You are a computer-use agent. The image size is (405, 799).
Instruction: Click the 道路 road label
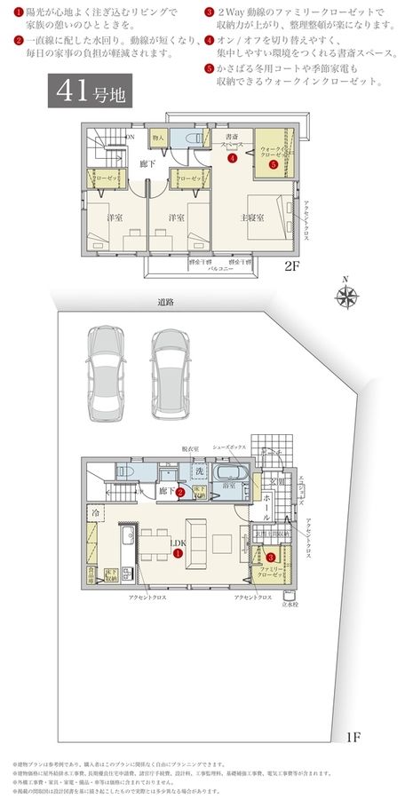tap(165, 304)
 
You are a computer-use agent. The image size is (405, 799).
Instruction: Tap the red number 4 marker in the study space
tap(231, 161)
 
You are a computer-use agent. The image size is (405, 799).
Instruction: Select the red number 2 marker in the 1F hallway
tap(179, 491)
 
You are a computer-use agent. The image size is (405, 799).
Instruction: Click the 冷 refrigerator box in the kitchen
tap(95, 513)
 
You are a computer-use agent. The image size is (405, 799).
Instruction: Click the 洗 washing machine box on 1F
tap(199, 471)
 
